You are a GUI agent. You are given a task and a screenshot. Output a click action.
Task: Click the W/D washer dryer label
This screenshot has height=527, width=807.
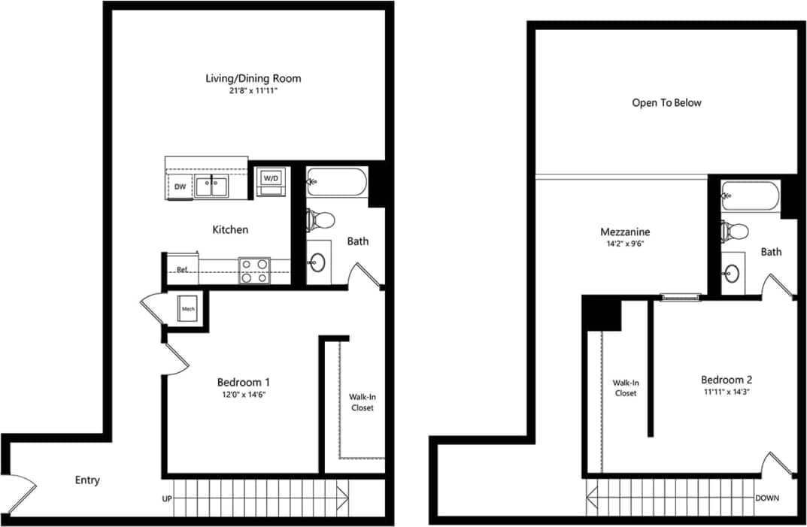[x=270, y=179]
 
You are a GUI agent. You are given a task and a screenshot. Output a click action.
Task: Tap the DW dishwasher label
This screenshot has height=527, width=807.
[x=181, y=186]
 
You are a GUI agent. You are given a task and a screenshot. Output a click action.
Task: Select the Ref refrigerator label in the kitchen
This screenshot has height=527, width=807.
[x=182, y=269]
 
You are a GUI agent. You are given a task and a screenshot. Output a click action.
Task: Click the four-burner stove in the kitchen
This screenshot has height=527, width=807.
[x=254, y=271]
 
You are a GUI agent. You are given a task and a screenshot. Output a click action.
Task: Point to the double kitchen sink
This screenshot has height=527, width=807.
[x=211, y=186]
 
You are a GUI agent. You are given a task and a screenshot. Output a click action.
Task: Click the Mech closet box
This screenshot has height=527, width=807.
[x=187, y=308]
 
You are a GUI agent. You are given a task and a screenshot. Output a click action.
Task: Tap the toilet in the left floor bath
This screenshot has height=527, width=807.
[x=322, y=220]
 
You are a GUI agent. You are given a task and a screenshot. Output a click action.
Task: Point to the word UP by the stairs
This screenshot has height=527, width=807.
[x=168, y=498]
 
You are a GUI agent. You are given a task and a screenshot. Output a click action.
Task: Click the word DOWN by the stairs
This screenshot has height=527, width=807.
[x=767, y=498]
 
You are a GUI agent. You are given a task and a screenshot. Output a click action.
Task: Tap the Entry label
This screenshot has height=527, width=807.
[x=87, y=480]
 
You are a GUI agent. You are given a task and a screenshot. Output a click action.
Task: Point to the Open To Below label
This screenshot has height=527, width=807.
[x=666, y=102]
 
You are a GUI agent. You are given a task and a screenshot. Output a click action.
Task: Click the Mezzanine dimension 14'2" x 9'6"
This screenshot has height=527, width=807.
[x=625, y=245]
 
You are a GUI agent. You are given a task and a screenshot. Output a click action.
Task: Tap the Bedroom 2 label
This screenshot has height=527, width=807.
[x=727, y=380]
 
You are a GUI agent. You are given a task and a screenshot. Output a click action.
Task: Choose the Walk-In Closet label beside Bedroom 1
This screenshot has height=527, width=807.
[x=362, y=402]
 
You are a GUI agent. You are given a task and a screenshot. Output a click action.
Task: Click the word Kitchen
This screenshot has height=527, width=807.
[x=230, y=229]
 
